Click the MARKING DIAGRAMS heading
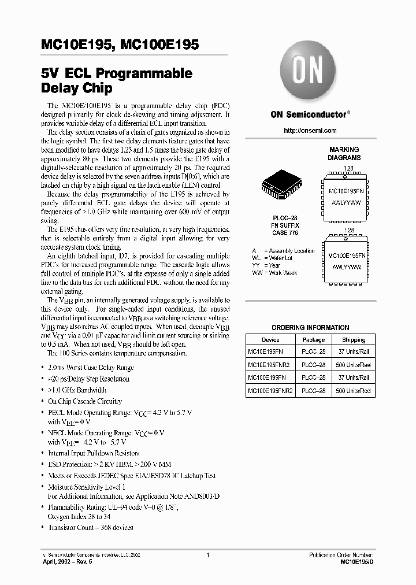point(344,153)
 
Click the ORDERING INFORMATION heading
point(310,327)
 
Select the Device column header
point(270,340)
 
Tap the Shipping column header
point(354,340)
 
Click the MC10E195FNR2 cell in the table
point(270,365)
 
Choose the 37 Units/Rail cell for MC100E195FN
point(354,378)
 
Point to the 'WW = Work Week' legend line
point(274,273)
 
